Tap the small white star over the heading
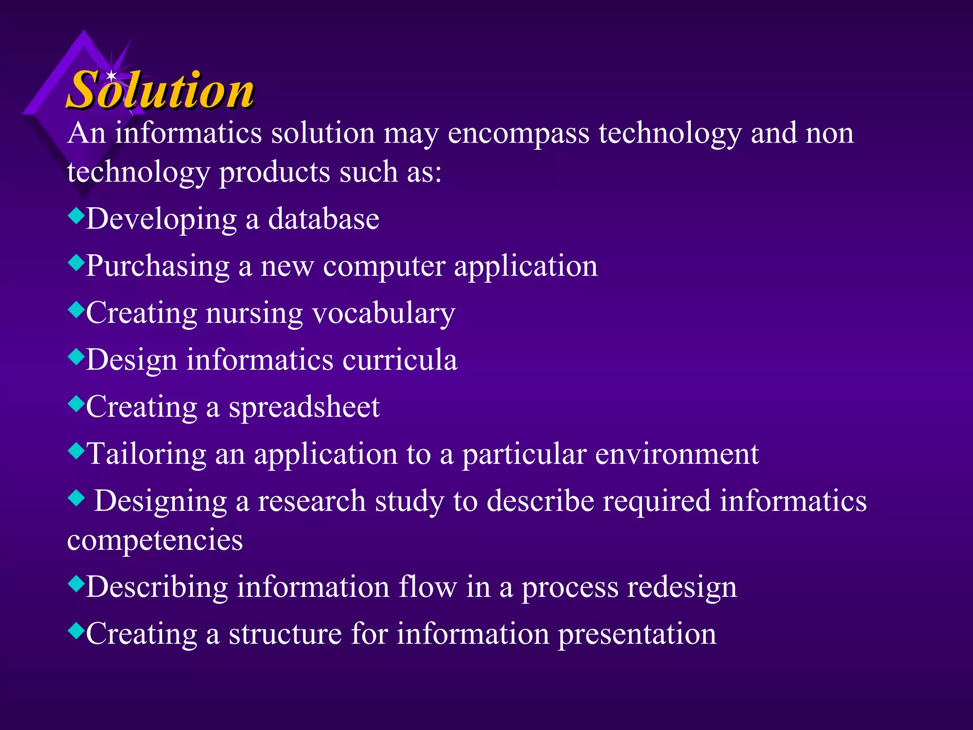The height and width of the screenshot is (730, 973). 111,76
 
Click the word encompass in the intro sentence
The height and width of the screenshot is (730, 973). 518,134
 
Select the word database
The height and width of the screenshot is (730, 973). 324,219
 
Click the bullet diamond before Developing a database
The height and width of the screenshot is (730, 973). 76,216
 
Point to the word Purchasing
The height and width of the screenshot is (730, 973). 158,266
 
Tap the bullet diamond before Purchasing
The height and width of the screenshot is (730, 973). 76,262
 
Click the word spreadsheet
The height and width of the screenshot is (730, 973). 304,408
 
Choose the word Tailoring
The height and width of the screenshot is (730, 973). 147,454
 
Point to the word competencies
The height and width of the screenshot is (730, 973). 155,540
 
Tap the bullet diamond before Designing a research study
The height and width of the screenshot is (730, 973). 76,498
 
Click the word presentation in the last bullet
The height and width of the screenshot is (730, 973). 637,634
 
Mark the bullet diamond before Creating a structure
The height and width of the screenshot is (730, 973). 76,631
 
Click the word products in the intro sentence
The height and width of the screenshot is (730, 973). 274,172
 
